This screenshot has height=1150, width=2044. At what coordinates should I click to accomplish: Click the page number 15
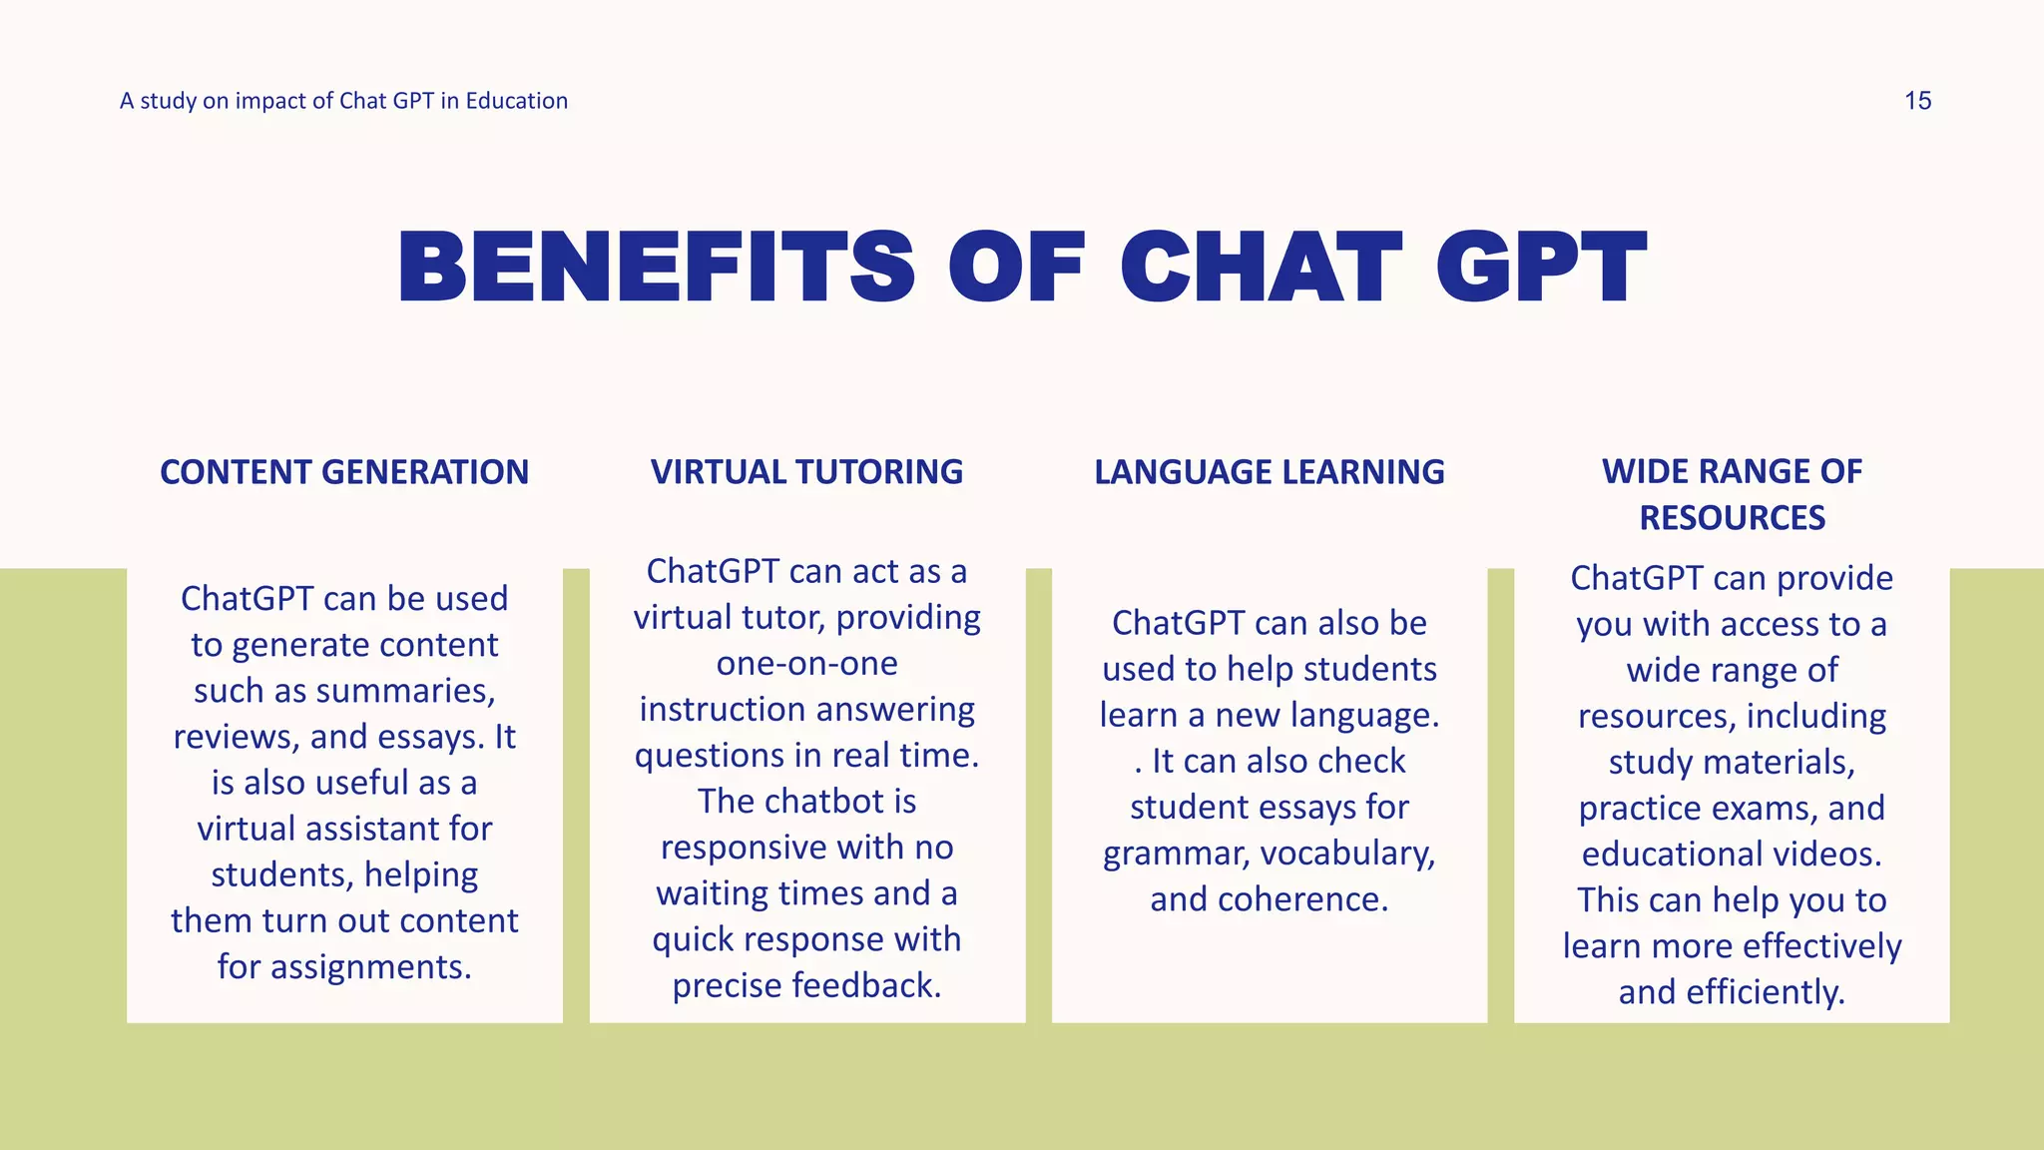(x=1917, y=101)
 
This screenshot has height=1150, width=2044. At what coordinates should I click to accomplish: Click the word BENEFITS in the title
(x=656, y=268)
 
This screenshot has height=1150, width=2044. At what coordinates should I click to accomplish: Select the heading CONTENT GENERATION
(x=344, y=472)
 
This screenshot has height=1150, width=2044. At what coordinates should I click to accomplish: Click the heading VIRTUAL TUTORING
(x=806, y=472)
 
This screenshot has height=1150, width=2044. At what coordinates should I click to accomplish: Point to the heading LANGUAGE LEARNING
(x=1269, y=472)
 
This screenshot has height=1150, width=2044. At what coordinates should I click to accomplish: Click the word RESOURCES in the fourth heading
(x=1732, y=518)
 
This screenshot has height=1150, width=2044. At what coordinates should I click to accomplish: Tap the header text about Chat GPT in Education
(x=343, y=101)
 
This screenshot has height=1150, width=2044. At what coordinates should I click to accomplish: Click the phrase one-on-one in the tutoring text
(x=806, y=664)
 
